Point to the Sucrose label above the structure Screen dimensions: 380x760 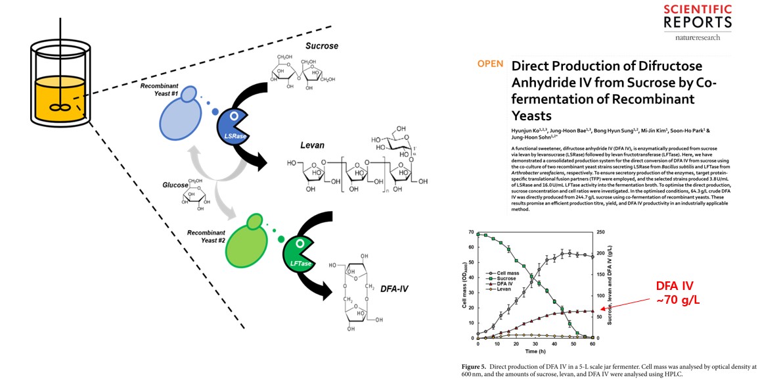[x=322, y=47]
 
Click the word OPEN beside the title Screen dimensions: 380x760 [x=489, y=64]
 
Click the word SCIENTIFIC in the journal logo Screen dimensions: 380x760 [x=688, y=9]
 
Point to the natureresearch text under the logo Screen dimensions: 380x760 [x=697, y=37]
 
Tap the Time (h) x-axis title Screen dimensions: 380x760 [x=535, y=352]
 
